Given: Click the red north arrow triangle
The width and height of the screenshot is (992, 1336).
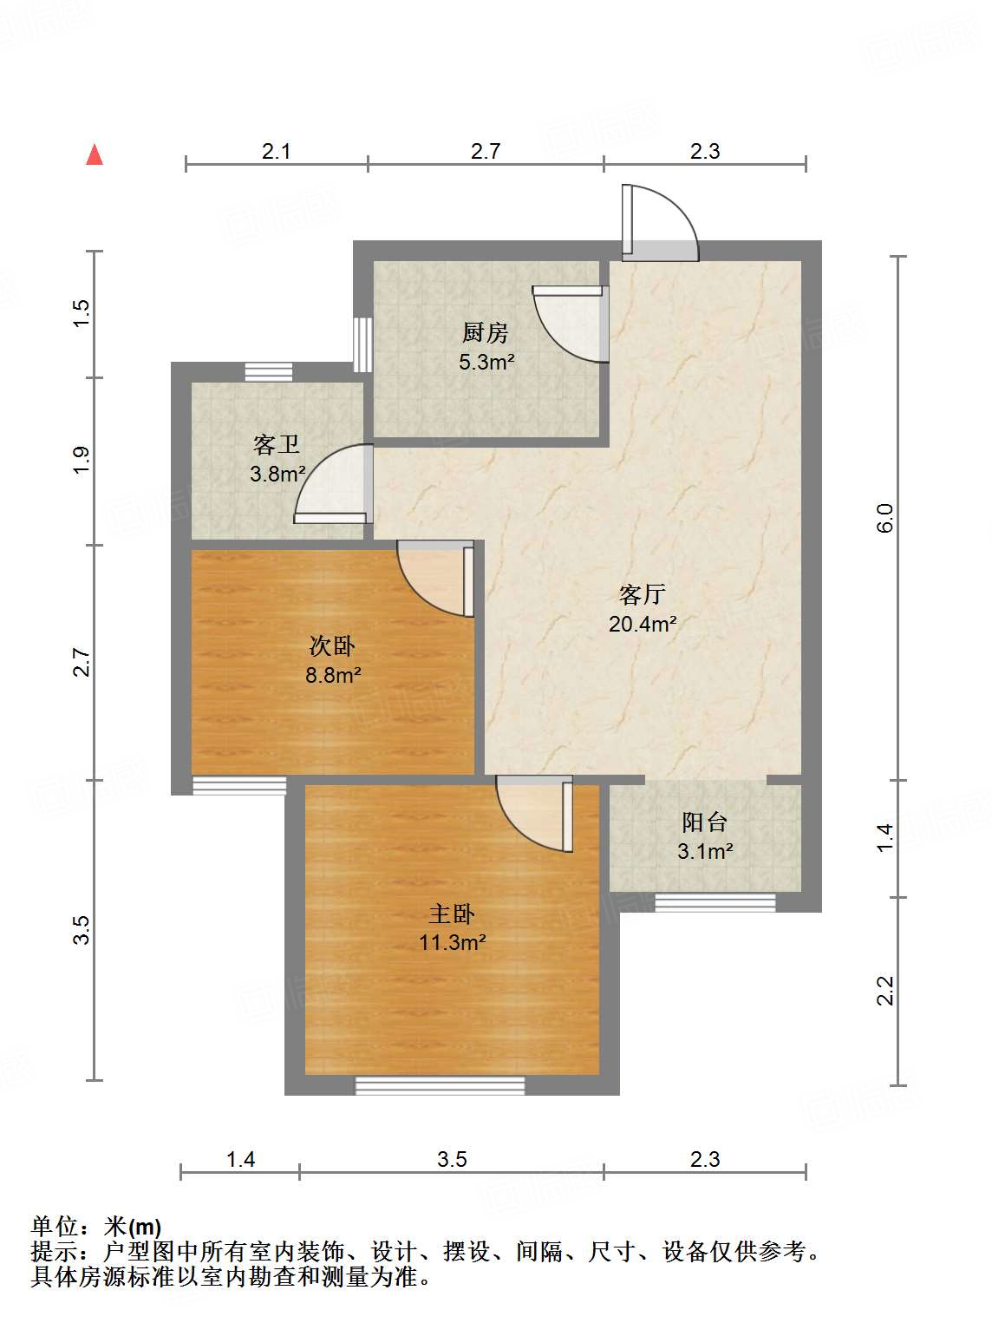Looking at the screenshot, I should [95, 155].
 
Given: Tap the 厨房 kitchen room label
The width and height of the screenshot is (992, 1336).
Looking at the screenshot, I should [485, 332].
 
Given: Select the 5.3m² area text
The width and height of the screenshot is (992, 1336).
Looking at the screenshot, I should [486, 362].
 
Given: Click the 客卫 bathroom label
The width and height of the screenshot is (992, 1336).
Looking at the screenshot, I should [277, 445].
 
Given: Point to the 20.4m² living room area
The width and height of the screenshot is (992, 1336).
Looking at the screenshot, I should [642, 623].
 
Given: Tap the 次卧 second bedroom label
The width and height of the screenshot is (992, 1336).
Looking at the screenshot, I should [332, 646].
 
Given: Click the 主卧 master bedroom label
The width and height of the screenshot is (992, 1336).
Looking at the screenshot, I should [452, 914].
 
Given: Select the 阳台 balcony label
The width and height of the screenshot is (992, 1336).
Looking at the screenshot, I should [704, 822].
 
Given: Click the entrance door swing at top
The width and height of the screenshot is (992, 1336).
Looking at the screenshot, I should [661, 222].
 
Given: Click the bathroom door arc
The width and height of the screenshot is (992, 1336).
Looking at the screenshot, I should [331, 482].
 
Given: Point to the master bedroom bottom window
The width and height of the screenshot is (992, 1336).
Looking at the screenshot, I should [441, 1085].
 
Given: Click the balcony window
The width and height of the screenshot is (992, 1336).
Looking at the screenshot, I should [715, 902].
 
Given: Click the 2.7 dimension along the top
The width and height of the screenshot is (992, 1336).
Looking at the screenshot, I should [486, 151].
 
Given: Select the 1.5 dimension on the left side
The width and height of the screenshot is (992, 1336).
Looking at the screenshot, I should [81, 312].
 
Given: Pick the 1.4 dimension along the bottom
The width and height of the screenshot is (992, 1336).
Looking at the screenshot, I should [240, 1159].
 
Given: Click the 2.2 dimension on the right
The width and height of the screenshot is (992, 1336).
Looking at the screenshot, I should [884, 991].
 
